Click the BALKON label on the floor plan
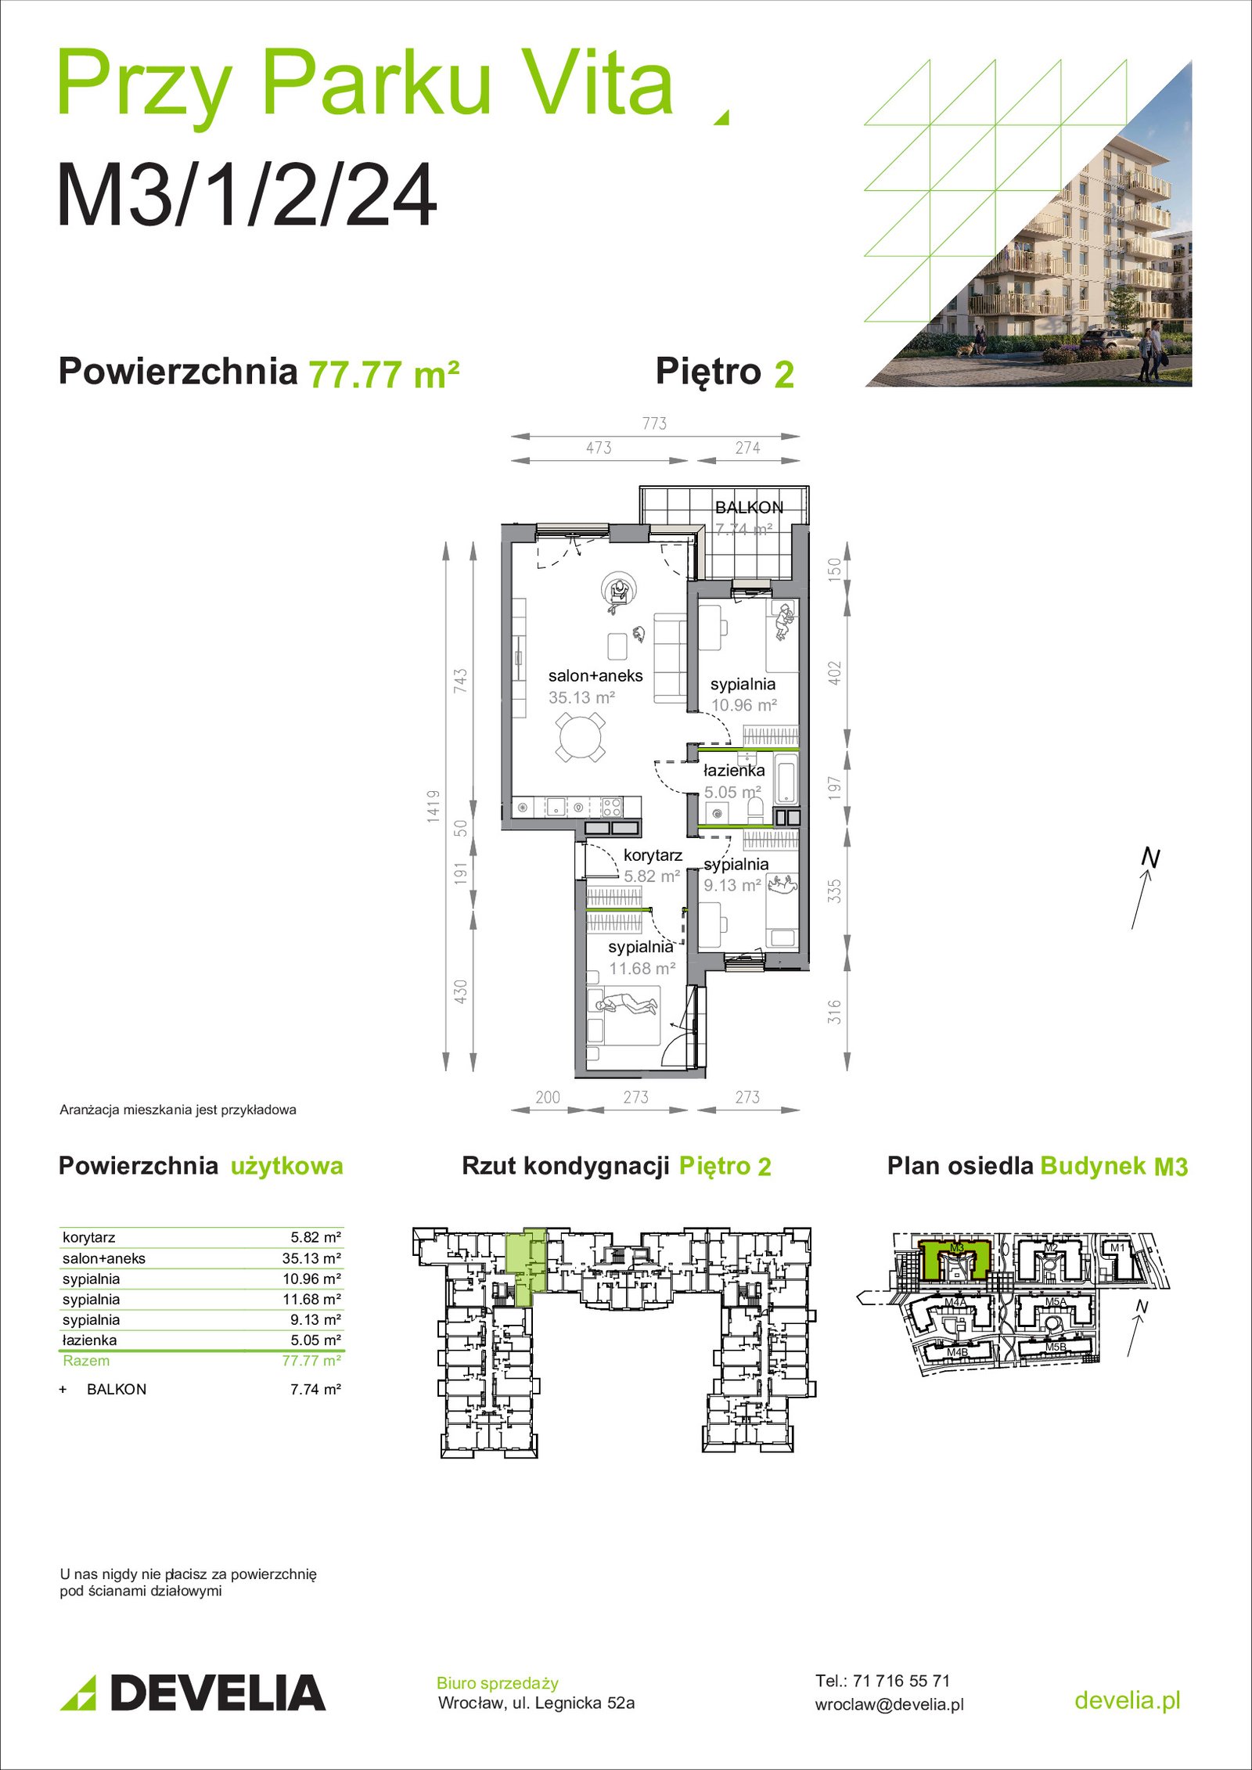click(749, 507)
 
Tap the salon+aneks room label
click(595, 676)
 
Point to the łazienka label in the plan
click(734, 771)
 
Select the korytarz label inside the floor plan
click(653, 855)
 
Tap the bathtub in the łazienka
click(786, 778)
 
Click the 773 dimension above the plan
click(654, 423)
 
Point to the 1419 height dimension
click(434, 806)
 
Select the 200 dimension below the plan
click(548, 1097)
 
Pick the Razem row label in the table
click(86, 1360)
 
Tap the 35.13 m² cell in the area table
click(311, 1258)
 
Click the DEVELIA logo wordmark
click(218, 1693)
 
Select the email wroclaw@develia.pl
click(890, 1704)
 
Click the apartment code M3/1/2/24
click(246, 195)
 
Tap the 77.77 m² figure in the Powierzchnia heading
click(384, 374)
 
